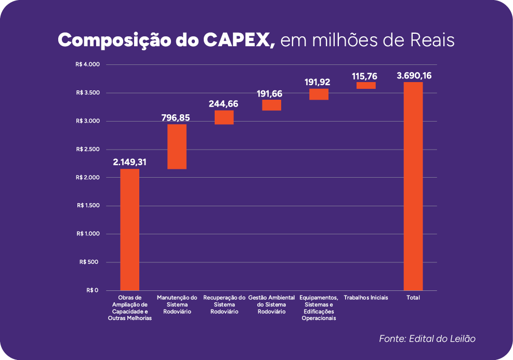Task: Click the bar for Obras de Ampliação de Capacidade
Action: pyautogui.click(x=129, y=229)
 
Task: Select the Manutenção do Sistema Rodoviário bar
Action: pyautogui.click(x=177, y=146)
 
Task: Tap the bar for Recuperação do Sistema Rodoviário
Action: pyautogui.click(x=224, y=117)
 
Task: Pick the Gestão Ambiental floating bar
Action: pyautogui.click(x=271, y=105)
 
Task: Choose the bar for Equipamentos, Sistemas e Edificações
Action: pyautogui.click(x=319, y=94)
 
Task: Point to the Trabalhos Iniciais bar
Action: pyautogui.click(x=366, y=86)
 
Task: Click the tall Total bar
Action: pyautogui.click(x=413, y=186)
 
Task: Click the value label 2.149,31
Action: pyautogui.click(x=129, y=162)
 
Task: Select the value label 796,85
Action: pyautogui.click(x=177, y=117)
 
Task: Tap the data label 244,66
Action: pyautogui.click(x=224, y=103)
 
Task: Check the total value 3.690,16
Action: pyautogui.click(x=414, y=76)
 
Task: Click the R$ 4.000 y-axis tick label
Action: pyautogui.click(x=87, y=65)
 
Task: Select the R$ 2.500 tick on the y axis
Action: pyautogui.click(x=87, y=150)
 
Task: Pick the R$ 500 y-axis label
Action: pyautogui.click(x=89, y=262)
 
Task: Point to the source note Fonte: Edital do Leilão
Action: pyautogui.click(x=427, y=339)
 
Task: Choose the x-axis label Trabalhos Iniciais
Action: pyautogui.click(x=366, y=298)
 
